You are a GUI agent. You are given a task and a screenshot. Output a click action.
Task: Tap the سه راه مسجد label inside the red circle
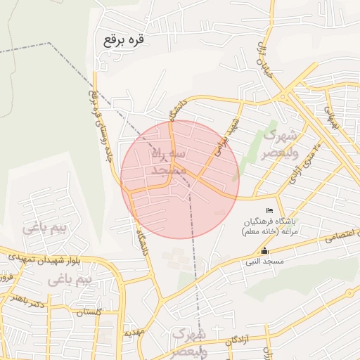tap(168, 161)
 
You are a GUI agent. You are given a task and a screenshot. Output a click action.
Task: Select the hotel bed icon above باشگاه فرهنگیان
tap(269, 211)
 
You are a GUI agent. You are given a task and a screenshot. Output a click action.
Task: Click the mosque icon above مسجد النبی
tap(264, 251)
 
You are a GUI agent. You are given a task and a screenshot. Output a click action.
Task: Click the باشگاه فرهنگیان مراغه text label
tap(271, 226)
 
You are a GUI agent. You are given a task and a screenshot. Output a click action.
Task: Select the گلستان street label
tap(89, 311)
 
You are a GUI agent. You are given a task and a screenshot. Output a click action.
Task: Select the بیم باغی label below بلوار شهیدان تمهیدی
tap(72, 281)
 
